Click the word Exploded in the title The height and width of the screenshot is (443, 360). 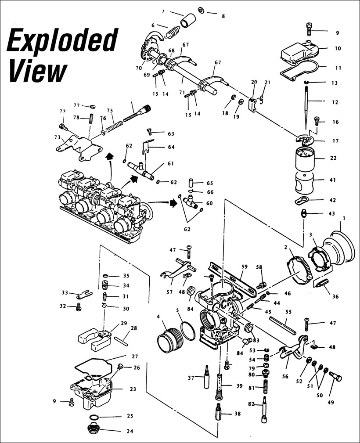coord(62,40)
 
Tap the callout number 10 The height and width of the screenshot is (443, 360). coord(337,48)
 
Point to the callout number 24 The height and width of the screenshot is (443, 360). coord(130,431)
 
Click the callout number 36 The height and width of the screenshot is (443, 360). coord(335,296)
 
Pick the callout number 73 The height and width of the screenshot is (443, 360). coord(57,137)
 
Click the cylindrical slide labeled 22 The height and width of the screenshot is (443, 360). coord(306,160)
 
